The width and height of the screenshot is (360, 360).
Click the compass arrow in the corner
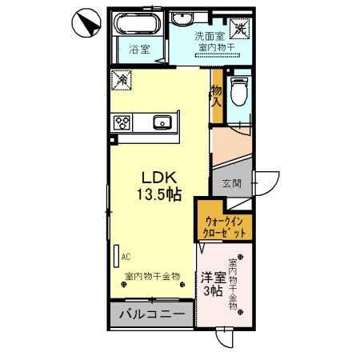[83, 22]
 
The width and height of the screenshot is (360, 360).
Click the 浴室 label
[140, 50]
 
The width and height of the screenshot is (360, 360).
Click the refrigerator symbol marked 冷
[122, 80]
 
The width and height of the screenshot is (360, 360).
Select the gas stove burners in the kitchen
[122, 122]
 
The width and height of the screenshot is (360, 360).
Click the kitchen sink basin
[162, 122]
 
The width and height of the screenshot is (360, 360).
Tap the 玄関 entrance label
[230, 185]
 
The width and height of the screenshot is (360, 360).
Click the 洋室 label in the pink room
[212, 278]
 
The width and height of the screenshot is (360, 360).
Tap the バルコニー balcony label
[153, 313]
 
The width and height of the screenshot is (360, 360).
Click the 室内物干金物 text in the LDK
[152, 277]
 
